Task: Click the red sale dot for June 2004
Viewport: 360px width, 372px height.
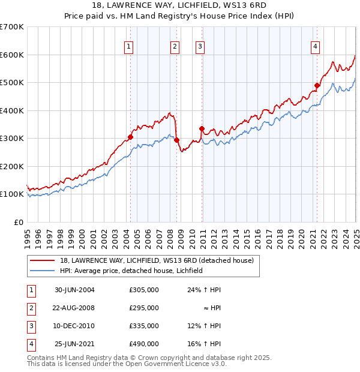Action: click(x=130, y=137)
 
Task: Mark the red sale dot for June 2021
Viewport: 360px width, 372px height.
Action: click(x=317, y=86)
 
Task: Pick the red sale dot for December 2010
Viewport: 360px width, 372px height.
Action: click(x=202, y=128)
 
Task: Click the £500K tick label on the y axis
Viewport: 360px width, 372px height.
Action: click(x=11, y=82)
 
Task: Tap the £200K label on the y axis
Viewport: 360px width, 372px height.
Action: click(x=11, y=166)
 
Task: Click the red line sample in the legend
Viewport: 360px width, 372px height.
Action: click(x=42, y=261)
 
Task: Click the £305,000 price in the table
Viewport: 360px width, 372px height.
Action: click(x=144, y=290)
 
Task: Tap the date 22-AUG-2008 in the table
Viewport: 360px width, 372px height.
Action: click(x=74, y=308)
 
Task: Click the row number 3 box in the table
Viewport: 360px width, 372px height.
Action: click(x=29, y=326)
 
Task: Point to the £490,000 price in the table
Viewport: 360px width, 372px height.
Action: click(x=144, y=344)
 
